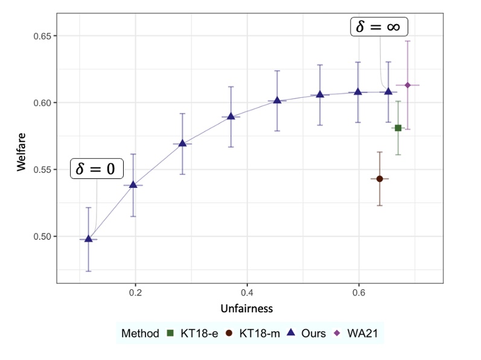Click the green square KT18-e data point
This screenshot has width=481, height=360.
pyautogui.click(x=398, y=128)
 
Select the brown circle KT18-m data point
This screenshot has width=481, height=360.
pyautogui.click(x=380, y=179)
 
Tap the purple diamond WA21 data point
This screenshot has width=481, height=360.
pyautogui.click(x=407, y=85)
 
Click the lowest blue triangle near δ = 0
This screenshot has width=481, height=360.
pyautogui.click(x=89, y=239)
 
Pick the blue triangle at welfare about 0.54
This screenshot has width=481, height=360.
pyautogui.click(x=133, y=184)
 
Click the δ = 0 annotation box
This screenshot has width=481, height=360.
pyautogui.click(x=97, y=169)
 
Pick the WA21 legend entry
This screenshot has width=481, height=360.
pyautogui.click(x=358, y=333)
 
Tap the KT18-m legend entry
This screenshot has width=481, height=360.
pyautogui.click(x=252, y=333)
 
